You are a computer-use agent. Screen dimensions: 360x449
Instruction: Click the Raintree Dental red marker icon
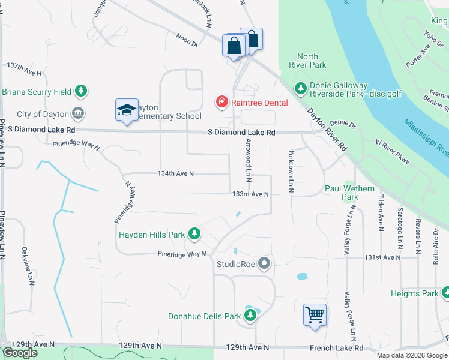click(x=221, y=103)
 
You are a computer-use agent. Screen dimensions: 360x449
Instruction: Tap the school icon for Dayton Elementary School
click(x=127, y=110)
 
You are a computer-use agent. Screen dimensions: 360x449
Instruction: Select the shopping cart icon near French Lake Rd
click(x=315, y=314)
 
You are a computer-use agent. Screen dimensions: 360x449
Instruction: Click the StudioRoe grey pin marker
click(x=265, y=263)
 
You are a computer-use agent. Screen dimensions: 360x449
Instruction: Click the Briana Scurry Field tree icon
click(x=81, y=92)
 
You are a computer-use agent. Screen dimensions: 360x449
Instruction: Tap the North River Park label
click(x=307, y=61)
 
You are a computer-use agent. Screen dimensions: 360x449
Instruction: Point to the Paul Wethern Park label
click(x=349, y=193)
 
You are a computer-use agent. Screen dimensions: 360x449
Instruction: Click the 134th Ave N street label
click(x=175, y=173)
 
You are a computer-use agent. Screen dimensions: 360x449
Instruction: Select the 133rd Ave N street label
click(x=250, y=194)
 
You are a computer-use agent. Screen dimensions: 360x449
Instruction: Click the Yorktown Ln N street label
click(x=291, y=171)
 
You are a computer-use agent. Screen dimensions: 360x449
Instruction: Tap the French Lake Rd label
click(x=337, y=347)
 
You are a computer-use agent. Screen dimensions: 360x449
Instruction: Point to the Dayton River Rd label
click(x=328, y=129)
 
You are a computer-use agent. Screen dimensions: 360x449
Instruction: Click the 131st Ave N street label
click(x=382, y=257)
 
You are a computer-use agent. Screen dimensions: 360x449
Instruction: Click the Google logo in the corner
click(x=20, y=353)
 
